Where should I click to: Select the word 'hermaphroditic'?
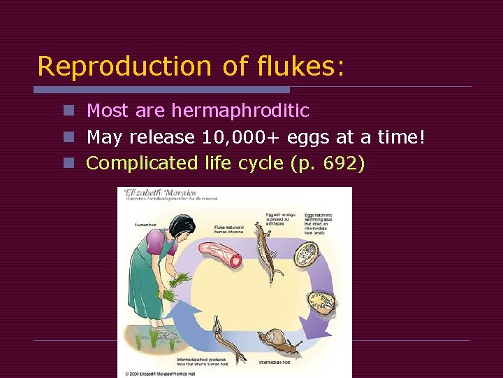(240, 111)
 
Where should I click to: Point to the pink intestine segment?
(221, 253)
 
